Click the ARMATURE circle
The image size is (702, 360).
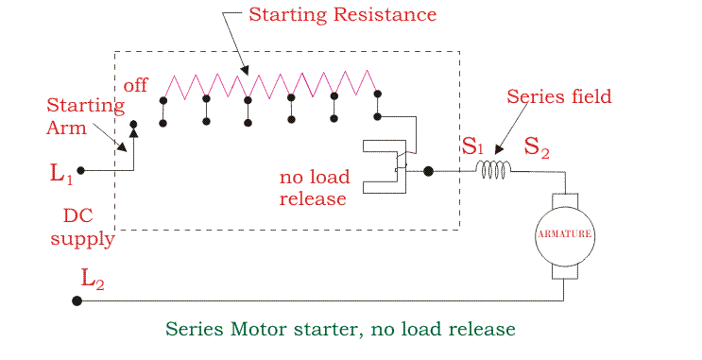565,233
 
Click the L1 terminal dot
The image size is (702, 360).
80,171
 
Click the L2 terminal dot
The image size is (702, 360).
77,301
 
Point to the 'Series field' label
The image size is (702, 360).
558,96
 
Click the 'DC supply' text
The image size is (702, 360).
81,228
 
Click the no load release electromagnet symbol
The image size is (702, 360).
387,167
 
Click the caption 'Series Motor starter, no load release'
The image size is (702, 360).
340,329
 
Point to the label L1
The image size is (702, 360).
60,173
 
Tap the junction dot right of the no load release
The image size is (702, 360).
428,171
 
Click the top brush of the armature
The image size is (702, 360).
565,198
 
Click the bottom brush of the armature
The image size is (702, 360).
565,269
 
